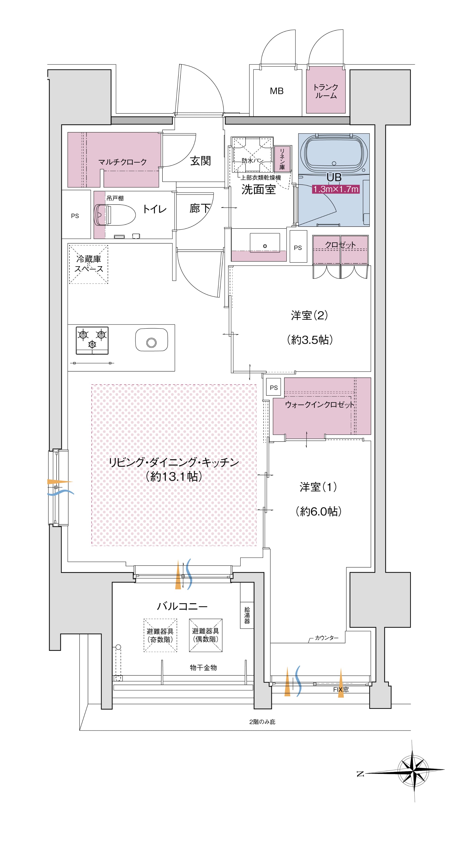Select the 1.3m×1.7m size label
[336, 189]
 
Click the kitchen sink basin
[151, 340]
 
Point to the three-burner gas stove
[92, 341]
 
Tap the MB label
[277, 91]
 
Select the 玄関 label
[200, 161]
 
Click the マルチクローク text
[122, 162]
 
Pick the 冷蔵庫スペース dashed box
[88, 264]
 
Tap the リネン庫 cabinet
[282, 159]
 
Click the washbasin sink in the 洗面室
[265, 243]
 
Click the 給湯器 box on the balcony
[247, 615]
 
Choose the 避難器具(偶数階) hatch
[206, 635]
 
